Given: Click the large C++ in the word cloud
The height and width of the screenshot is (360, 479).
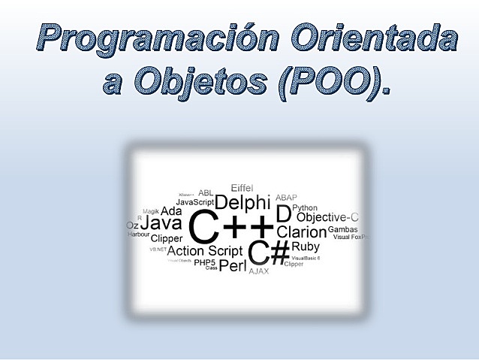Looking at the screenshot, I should [x=231, y=227].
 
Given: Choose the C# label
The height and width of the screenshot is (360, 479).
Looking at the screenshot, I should [x=269, y=253].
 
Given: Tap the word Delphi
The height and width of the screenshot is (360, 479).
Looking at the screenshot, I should [x=243, y=202].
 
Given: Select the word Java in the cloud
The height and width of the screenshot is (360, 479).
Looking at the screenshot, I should [x=161, y=223].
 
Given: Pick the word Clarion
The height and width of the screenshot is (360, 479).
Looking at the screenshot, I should [x=302, y=232].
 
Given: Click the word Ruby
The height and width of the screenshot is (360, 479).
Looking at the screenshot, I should [x=306, y=247].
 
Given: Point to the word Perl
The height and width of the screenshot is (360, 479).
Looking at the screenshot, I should [x=233, y=265].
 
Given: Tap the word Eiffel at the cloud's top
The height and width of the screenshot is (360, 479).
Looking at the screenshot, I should [x=242, y=187].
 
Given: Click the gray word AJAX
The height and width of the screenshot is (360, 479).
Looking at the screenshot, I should [x=259, y=271].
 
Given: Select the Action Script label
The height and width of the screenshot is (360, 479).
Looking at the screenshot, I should [x=205, y=251].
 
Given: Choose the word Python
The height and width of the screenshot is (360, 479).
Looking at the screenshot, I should [x=305, y=207].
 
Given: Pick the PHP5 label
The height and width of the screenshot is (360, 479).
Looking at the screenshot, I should [x=204, y=262].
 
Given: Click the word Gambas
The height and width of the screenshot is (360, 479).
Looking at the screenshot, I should [x=342, y=229].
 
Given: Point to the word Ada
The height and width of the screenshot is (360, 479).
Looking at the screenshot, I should [x=171, y=211].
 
